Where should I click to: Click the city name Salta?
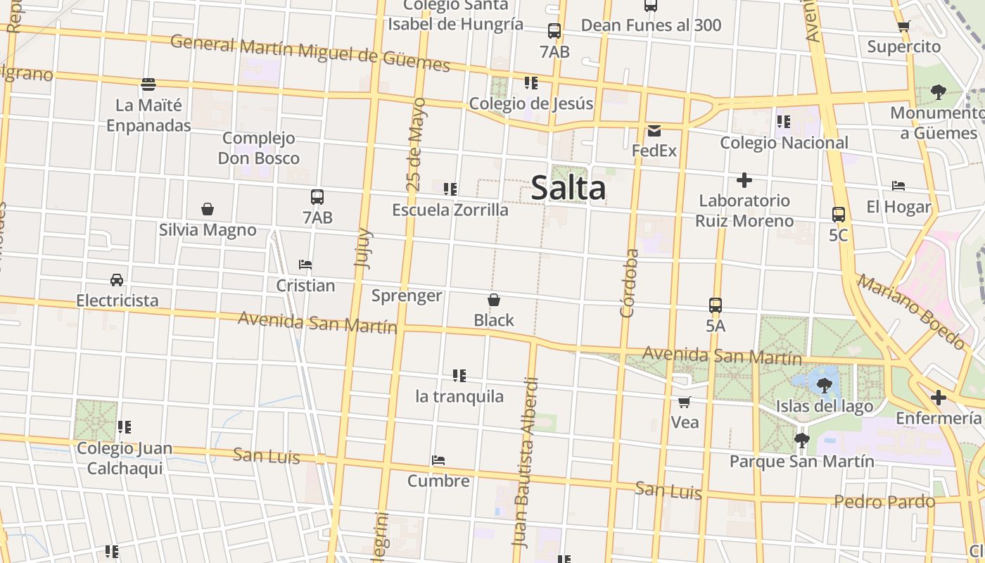(568, 188)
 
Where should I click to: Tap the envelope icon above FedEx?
(654, 130)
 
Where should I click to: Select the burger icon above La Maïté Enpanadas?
(148, 84)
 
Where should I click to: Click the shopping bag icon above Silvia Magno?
(208, 209)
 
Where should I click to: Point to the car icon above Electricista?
(117, 280)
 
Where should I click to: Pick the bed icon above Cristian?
(305, 265)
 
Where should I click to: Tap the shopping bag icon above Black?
(494, 300)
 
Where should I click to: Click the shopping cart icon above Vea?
(685, 402)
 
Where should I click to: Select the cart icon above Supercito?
(904, 27)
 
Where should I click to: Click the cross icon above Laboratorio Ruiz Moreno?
(744, 180)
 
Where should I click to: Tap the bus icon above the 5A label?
(716, 305)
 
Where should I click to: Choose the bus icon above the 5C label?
(838, 215)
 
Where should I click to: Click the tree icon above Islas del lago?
(825, 385)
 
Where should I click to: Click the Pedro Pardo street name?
(884, 502)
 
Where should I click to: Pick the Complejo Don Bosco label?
(259, 148)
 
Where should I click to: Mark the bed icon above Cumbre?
(438, 460)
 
